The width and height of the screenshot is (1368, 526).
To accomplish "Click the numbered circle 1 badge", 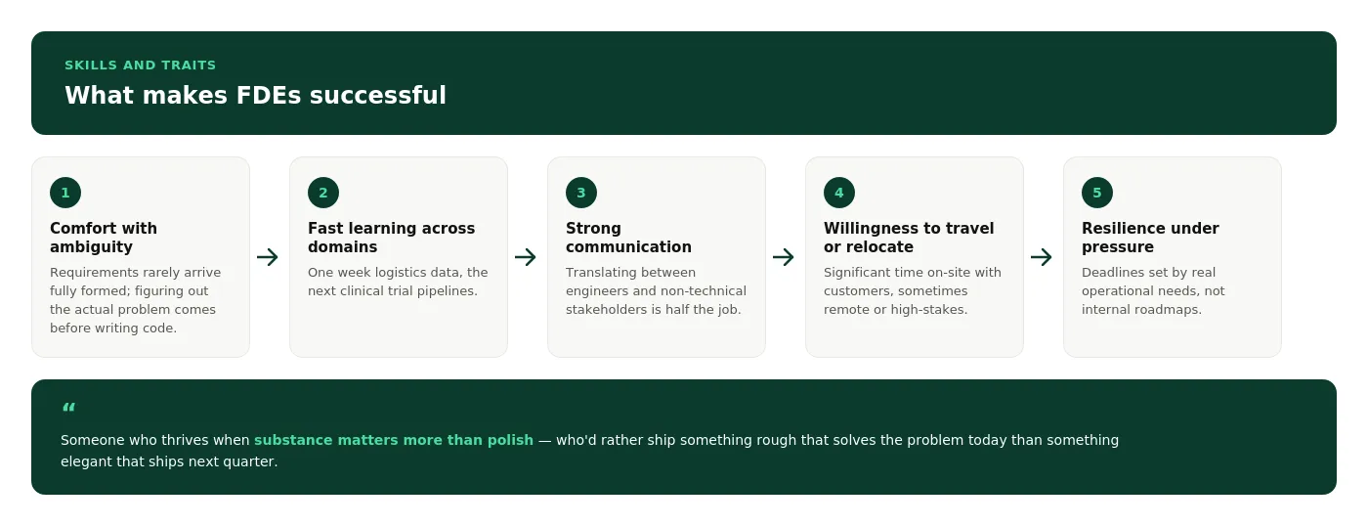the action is [65, 193].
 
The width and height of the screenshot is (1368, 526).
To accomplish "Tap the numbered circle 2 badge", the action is [323, 193].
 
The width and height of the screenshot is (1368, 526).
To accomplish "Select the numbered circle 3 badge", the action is [581, 193].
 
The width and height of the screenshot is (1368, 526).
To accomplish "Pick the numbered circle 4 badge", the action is [839, 193].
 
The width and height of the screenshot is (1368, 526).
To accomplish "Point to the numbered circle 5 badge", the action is [1096, 193].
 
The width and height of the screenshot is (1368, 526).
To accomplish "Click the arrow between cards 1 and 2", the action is [268, 257].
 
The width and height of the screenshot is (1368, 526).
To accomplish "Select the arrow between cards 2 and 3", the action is [526, 257].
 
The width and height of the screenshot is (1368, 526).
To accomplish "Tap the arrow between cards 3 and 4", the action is [784, 257].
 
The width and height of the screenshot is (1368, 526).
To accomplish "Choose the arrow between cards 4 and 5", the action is [1042, 257].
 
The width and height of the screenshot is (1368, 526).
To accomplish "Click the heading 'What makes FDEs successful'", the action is [255, 95].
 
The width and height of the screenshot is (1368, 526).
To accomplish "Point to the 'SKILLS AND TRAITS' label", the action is [141, 65].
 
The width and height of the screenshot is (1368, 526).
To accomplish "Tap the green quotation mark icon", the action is [69, 407].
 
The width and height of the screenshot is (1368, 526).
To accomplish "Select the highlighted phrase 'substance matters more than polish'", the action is [393, 440].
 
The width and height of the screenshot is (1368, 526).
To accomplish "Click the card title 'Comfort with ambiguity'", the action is [104, 237].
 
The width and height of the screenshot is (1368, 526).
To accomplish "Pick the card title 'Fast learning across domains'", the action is [392, 237].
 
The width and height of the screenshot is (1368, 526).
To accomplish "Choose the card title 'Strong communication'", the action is [628, 237].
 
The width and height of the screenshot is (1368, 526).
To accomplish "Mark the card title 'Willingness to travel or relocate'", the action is [909, 237].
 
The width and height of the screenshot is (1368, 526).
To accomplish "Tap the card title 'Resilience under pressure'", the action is [1150, 237].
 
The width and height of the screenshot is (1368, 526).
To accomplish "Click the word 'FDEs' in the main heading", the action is [269, 95].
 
